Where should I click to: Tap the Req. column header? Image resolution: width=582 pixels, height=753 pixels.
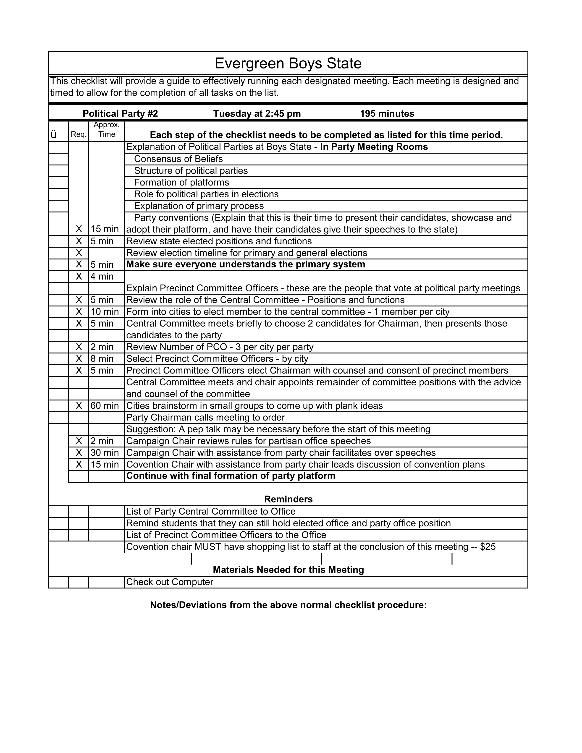(x=79, y=134)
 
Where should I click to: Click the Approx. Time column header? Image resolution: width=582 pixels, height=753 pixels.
(x=107, y=130)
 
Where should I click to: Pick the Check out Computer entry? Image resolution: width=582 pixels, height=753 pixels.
(x=170, y=582)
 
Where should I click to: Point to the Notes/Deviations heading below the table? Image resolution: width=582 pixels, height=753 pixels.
(x=288, y=605)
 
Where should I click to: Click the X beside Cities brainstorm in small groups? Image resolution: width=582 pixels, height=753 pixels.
(x=79, y=405)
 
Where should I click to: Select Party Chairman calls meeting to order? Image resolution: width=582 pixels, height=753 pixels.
(x=205, y=418)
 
